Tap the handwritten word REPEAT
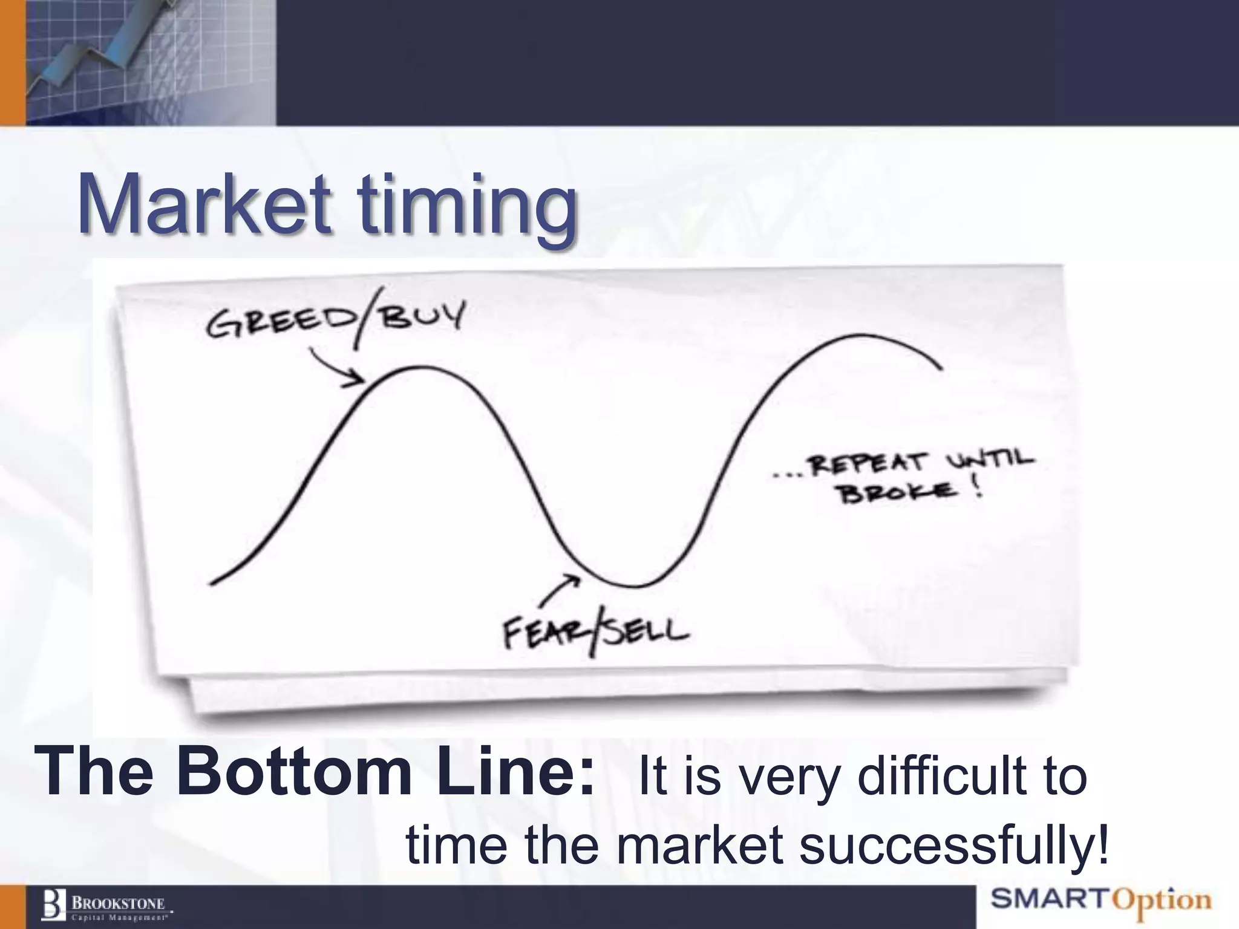[x=868, y=464]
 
